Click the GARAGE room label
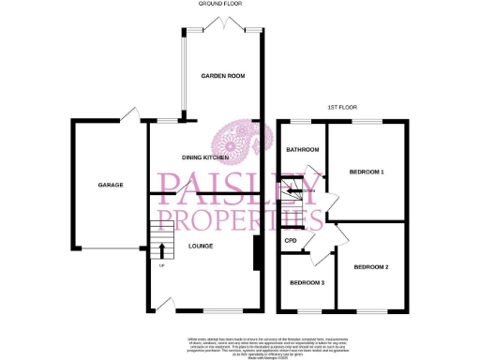tap(111, 186)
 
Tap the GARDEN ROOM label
tap(221, 75)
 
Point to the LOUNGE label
tap(200, 247)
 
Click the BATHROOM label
tap(303, 150)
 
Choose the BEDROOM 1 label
tap(367, 172)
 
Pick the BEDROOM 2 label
tap(370, 268)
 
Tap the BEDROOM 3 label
tap(306, 283)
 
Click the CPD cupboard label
tap(291, 241)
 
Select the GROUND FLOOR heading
tap(220, 4)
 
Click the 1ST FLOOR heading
tap(339, 108)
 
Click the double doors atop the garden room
tap(221, 22)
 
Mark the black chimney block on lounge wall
tap(257, 251)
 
